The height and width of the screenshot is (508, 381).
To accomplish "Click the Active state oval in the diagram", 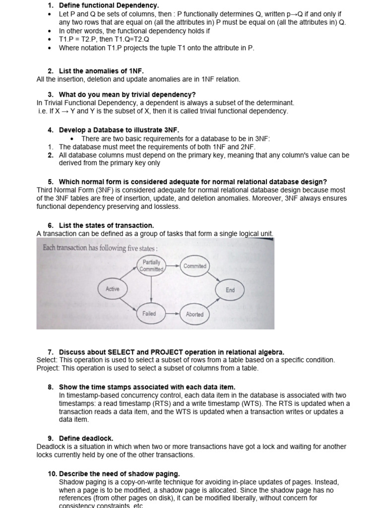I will point(113,289).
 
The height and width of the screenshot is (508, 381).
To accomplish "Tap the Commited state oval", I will point(194,266).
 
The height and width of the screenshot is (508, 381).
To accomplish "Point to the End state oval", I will point(230,290).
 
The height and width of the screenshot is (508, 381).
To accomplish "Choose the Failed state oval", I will point(149,314).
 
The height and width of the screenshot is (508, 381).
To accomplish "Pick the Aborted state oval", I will point(194,314).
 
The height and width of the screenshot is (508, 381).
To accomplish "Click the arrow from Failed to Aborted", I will point(172,314).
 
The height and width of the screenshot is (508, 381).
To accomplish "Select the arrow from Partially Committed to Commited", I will point(173,265).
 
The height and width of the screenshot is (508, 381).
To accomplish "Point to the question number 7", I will point(51,352).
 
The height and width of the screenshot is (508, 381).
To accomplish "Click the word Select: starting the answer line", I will point(47,360).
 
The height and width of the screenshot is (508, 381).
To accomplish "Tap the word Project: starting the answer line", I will point(48,368).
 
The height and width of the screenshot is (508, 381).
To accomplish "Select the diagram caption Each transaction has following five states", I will point(100,248).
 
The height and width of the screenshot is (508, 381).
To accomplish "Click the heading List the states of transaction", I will point(106,225).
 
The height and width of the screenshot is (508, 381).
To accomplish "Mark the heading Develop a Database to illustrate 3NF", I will point(119,130).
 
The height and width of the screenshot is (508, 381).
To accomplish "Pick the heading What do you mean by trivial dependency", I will point(127,94).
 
